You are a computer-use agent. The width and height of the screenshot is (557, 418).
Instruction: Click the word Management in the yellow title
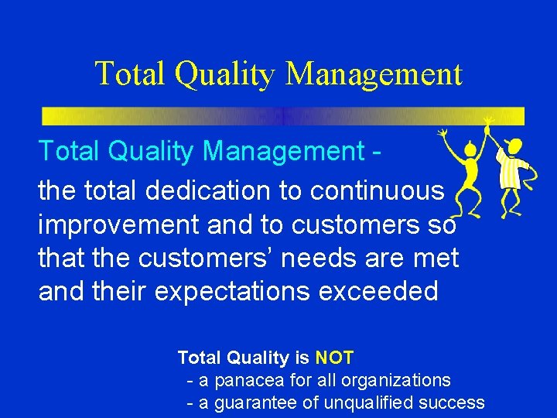(374, 74)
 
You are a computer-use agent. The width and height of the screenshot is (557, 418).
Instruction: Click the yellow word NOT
(334, 358)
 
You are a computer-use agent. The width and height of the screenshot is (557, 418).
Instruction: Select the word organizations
(398, 380)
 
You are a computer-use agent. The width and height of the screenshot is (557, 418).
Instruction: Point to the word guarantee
(257, 403)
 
